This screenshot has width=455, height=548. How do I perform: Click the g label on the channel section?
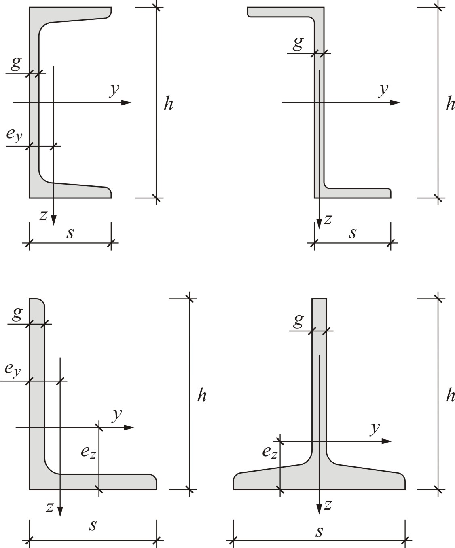tap(16, 63)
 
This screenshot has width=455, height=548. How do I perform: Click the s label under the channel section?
tap(70, 233)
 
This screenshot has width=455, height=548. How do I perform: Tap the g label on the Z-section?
tap(298, 43)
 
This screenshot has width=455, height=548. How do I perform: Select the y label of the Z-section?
tap(383, 91)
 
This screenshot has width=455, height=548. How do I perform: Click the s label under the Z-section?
tap(353, 233)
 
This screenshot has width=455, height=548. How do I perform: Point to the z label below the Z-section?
tap(328, 219)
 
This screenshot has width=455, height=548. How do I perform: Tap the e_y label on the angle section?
tap(13, 369)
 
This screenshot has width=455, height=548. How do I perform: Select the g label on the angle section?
tap(17, 314)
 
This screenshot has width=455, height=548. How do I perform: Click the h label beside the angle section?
tap(202, 395)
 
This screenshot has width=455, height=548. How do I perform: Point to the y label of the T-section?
tap(375, 429)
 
